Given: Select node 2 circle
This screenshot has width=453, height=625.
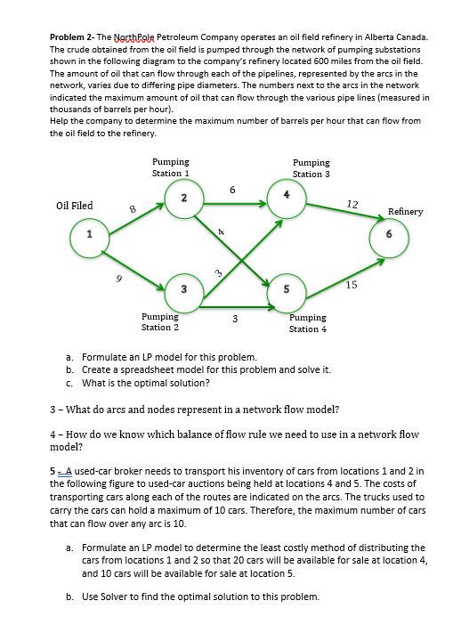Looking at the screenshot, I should (182, 196).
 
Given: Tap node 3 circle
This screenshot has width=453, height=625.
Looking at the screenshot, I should (182, 288).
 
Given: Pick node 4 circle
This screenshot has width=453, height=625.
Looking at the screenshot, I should (286, 196).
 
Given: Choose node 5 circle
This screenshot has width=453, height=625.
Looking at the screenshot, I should (286, 288).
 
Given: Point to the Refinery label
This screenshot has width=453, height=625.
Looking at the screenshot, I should (405, 212).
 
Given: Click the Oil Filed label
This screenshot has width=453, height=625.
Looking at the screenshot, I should (75, 206).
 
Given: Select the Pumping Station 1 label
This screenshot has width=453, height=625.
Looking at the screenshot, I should (170, 167).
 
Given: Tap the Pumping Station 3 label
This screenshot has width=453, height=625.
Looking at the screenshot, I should (311, 168).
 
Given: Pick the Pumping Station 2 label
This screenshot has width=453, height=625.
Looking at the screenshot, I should (160, 321).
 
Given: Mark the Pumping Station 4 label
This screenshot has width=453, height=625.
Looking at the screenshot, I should (308, 322).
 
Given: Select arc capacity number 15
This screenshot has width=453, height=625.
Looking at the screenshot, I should (351, 285).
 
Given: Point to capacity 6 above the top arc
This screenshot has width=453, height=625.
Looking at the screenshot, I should (232, 188).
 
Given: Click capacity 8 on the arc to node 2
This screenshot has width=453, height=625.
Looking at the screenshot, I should (133, 210).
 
